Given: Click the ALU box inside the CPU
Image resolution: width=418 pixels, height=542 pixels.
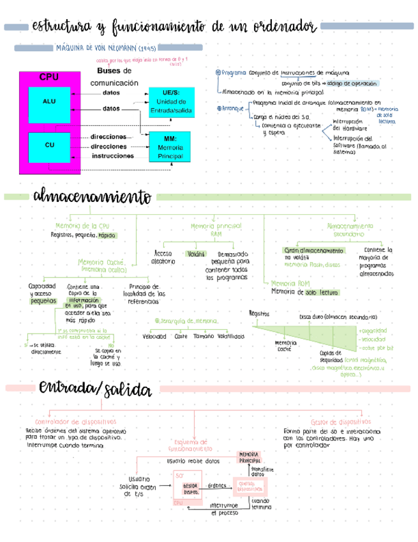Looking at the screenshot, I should (49, 102).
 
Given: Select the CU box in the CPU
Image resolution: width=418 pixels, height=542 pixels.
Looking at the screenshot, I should (49, 145).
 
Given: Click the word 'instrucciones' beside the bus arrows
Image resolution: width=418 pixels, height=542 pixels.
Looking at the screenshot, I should (113, 155).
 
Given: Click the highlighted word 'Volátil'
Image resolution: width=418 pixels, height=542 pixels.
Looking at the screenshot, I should (197, 253).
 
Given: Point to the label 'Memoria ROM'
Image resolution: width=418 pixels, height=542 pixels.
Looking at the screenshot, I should (290, 283).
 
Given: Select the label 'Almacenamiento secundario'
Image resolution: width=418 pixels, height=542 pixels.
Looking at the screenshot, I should (349, 230).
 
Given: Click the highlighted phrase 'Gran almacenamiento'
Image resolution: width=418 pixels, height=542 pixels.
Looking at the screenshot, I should (313, 251).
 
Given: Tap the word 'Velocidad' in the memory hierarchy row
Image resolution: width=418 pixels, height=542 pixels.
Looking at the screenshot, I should (154, 336).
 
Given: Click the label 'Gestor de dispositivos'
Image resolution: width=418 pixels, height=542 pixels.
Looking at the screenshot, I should (340, 422).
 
